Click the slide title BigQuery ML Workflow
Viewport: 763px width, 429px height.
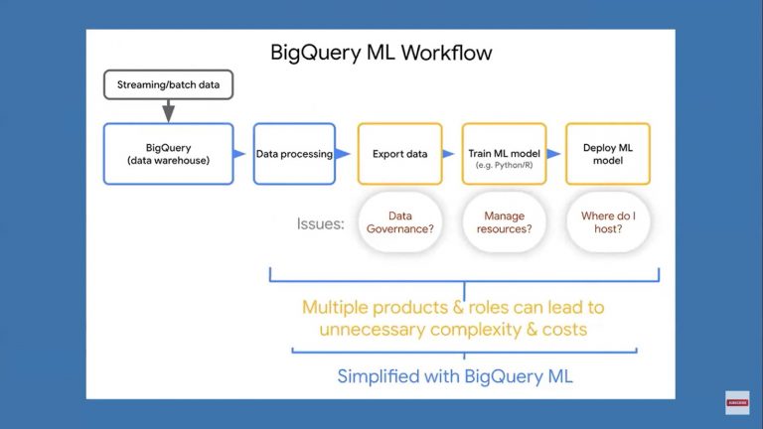[x=381, y=52]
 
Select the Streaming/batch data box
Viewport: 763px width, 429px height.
[x=168, y=85]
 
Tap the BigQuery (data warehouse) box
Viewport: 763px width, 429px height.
[x=168, y=154]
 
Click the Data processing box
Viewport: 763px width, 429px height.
[x=294, y=154]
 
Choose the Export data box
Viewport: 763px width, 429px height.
[x=399, y=154]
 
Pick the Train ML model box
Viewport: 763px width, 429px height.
[x=504, y=154]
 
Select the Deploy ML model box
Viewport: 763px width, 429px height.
[x=608, y=154]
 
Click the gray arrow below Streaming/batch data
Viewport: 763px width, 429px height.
[x=168, y=111]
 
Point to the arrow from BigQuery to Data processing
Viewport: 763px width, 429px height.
[x=239, y=154]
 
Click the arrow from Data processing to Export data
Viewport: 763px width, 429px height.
[x=343, y=154]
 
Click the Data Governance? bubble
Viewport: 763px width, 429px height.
[x=399, y=221]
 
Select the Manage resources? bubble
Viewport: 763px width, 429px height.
[x=504, y=221]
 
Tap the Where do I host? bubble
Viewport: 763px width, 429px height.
[x=608, y=221]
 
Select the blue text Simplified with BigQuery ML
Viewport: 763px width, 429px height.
[x=455, y=376]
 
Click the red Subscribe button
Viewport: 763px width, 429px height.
[x=736, y=402]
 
